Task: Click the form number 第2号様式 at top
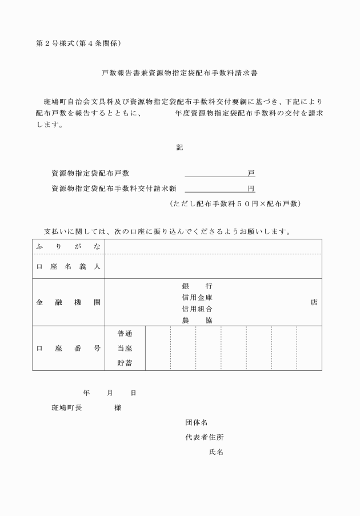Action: tap(56, 43)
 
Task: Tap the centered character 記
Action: tap(179, 147)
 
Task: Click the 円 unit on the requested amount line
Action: tap(251, 188)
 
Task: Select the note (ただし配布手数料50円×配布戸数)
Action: tap(235, 203)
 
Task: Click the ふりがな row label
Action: tap(69, 247)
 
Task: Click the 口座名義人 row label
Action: tap(69, 266)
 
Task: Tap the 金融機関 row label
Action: tap(69, 302)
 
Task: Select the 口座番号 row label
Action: tap(69, 347)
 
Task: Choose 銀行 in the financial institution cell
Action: tap(197, 285)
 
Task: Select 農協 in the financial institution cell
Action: tap(197, 321)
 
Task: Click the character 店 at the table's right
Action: tap(314, 302)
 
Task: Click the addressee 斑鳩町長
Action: tap(66, 408)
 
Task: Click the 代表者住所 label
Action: tap(204, 437)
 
